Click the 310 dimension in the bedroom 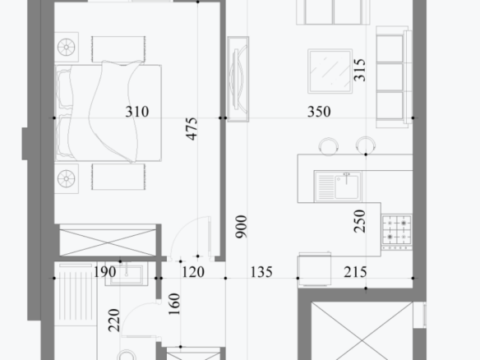[136, 112]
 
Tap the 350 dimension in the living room [319, 112]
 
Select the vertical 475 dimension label [192, 129]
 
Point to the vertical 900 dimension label [241, 227]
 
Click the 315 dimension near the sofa [359, 70]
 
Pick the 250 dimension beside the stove [359, 221]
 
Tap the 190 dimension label [104, 272]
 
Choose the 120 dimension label [193, 272]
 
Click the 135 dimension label [261, 272]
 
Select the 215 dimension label [355, 272]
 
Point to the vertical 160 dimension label [174, 304]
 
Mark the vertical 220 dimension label [114, 321]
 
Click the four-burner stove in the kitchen [397, 232]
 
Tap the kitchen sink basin [347, 187]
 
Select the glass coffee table [330, 71]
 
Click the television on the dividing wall [238, 79]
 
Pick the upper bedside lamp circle [67, 47]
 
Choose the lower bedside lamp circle [67, 179]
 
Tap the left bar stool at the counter [328, 146]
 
